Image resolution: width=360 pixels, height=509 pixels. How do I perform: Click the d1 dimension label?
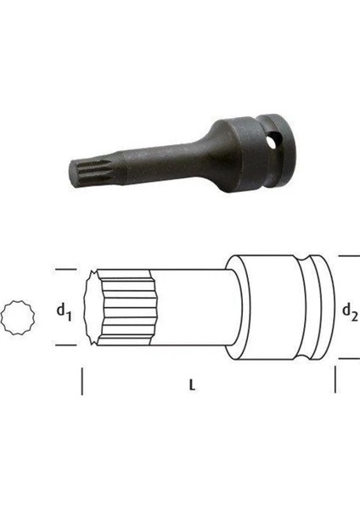click(x=64, y=312)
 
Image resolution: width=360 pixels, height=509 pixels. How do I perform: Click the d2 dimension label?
click(x=351, y=312)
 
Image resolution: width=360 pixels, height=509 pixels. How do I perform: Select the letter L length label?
click(x=193, y=385)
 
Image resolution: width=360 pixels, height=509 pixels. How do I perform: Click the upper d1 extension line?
click(x=66, y=270)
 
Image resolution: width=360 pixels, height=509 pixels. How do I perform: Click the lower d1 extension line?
click(x=66, y=345)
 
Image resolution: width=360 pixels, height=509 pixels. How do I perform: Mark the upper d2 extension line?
click(x=349, y=256)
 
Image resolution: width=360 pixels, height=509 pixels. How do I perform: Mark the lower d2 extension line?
click(x=349, y=359)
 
